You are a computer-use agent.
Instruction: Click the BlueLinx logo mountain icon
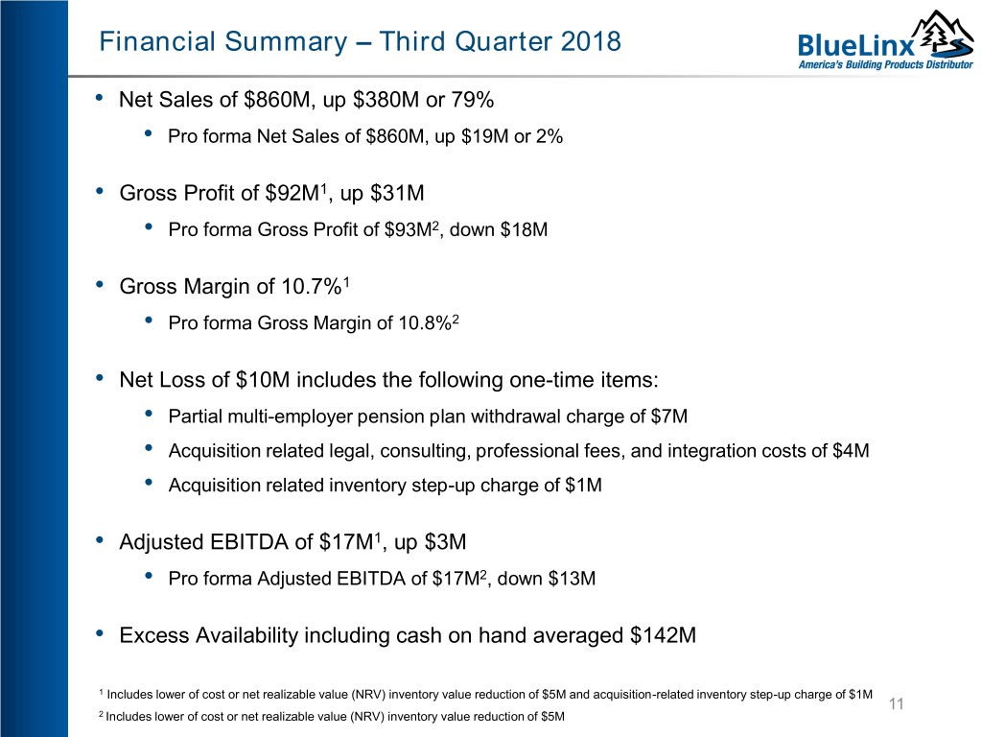coord(943,36)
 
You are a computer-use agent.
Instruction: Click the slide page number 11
coord(897,703)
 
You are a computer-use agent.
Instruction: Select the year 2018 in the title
coord(591,41)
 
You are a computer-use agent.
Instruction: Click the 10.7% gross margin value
coord(311,286)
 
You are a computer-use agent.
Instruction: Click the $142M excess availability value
coord(664,635)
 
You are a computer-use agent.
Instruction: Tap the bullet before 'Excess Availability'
coord(100,633)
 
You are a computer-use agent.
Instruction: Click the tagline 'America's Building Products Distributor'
coord(885,64)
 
